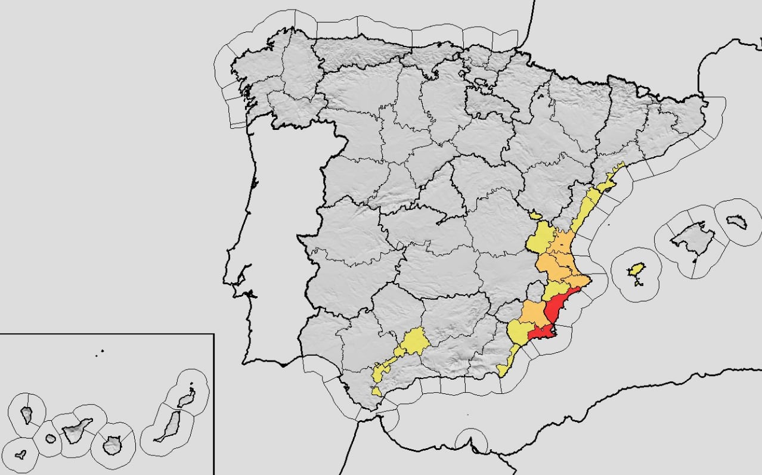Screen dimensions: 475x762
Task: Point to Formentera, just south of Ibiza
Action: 639,284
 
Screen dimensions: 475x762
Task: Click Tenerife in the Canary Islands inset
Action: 78,429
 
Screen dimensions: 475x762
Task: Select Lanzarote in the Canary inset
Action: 188,395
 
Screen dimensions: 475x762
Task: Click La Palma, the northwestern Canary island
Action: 27,414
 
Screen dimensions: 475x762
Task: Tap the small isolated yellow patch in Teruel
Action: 535,214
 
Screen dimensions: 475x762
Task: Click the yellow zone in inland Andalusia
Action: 411,342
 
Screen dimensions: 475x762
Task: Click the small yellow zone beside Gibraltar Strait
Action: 377,392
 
